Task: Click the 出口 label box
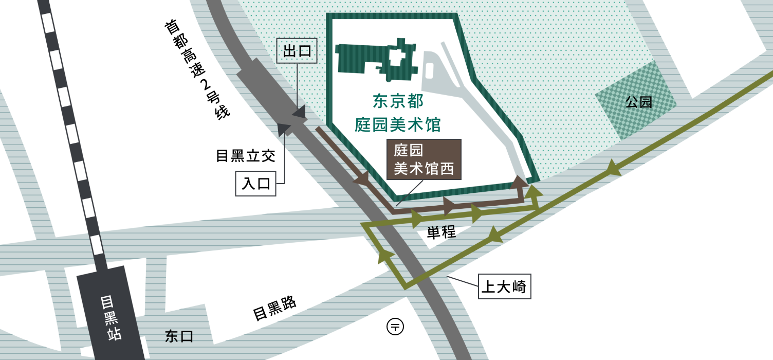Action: coord(297,51)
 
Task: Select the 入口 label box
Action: coord(256,183)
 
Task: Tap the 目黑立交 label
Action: coord(246,155)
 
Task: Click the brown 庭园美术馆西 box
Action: coord(424,159)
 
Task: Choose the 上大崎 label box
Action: coord(504,286)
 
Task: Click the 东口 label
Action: coord(179,336)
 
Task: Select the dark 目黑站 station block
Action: coord(111,314)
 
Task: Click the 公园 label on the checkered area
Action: coord(638,102)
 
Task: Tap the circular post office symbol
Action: coord(395,326)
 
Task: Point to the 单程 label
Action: coord(441,232)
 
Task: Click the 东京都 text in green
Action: coord(398,101)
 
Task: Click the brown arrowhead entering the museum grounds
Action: coord(520,182)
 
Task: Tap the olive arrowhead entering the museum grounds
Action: coord(535,191)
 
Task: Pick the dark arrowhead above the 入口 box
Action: coord(284,129)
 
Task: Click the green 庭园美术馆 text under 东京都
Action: coord(398,124)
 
